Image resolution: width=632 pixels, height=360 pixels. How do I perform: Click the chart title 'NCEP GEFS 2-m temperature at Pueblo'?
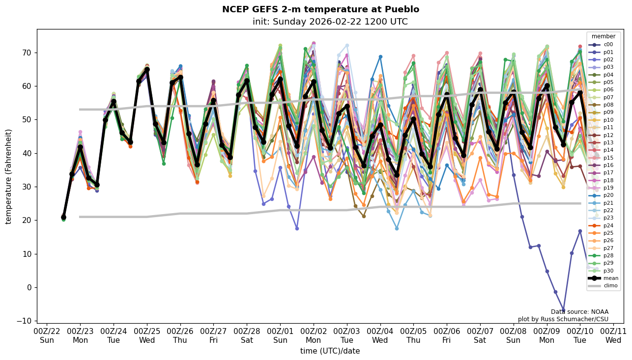pos(320,9)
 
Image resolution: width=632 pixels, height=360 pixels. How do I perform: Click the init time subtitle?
pos(330,22)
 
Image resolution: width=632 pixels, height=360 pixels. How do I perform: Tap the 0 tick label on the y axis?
pos(29,287)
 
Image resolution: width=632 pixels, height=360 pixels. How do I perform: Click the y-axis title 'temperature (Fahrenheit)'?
pos(8,176)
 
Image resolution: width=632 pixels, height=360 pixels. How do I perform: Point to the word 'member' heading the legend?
pos(603,37)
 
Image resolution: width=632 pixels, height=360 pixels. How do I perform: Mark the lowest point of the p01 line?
pos(564,310)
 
